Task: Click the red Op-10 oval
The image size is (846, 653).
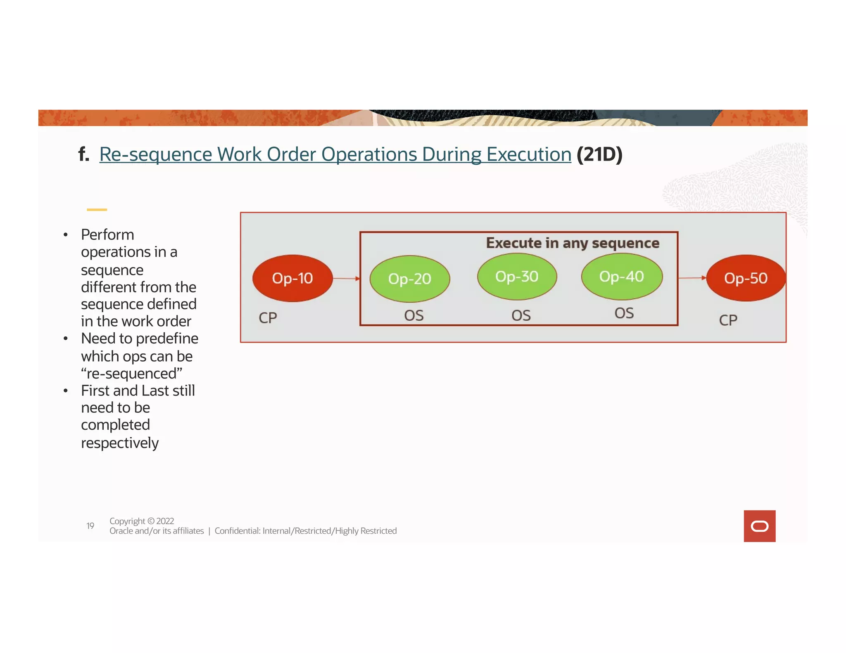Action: (x=292, y=278)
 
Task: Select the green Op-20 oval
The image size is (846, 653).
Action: (x=409, y=279)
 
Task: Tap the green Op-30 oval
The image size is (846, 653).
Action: (x=517, y=277)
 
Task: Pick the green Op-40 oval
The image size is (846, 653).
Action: (x=622, y=277)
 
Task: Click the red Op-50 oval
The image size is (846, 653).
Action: (x=746, y=278)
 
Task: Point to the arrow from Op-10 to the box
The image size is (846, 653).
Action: (x=346, y=279)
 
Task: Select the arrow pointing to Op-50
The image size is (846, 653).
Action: (x=692, y=278)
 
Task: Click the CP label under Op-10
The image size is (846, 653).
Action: (x=268, y=318)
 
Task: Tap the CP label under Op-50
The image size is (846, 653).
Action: (x=728, y=320)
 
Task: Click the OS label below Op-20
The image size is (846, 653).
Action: (x=414, y=316)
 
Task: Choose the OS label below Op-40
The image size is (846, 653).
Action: (x=624, y=313)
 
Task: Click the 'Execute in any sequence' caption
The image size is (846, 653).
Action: (x=572, y=243)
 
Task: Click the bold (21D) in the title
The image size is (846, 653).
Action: (x=599, y=154)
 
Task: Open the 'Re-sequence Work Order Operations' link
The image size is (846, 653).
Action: (x=335, y=154)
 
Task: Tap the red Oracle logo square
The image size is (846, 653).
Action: (x=759, y=526)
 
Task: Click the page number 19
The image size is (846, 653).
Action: (x=90, y=526)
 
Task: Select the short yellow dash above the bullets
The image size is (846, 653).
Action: (x=97, y=210)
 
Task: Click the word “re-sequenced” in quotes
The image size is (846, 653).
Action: (x=132, y=374)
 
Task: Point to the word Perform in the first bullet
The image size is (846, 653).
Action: (x=107, y=234)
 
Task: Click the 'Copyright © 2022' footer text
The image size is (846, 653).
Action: (x=142, y=521)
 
